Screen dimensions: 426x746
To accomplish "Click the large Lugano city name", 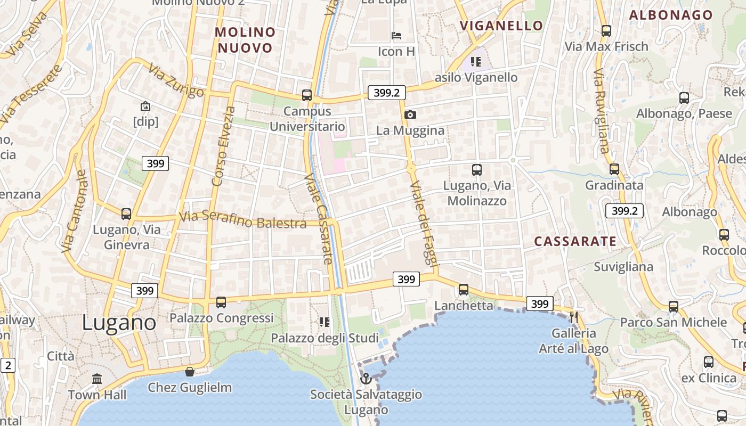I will pos(119,323).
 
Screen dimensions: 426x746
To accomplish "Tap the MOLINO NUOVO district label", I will pos(245,40).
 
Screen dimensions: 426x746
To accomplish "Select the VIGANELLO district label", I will pos(501,26).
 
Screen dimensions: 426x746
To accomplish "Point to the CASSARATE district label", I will pos(575,241).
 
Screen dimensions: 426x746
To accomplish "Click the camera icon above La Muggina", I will pos(410,114).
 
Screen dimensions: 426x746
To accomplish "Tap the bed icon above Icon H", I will pos(396,36).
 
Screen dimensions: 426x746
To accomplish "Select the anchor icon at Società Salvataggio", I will pos(366,379).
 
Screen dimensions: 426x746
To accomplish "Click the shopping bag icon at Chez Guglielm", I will pos(189,372).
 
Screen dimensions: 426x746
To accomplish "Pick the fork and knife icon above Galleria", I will pos(573,317).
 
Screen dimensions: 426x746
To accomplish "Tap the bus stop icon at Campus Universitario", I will pos(307,95).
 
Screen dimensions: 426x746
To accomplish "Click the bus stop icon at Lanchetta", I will pos(464,290).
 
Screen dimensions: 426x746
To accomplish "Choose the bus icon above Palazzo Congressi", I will pos(221,302).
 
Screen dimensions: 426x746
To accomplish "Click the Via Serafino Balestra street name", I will pos(242,220).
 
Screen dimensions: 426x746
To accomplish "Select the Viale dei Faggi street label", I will pos(424,224).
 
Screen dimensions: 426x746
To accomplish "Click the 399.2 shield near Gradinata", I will pos(624,211).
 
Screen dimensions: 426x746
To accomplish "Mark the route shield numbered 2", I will pos(8,365).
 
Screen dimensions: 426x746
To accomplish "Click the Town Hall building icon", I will pos(97,379).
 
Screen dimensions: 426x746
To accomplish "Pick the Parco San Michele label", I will pos(673,322).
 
